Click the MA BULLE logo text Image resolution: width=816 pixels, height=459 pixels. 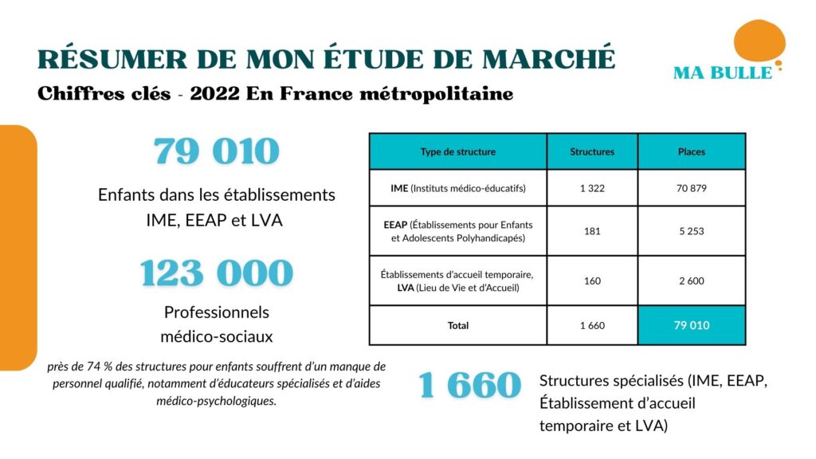[722, 73]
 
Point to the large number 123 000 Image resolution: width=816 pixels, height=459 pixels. [217, 273]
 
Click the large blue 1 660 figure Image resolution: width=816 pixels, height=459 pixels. [469, 386]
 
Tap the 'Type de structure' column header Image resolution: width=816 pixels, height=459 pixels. [457, 151]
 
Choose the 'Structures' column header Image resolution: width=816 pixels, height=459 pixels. [592, 151]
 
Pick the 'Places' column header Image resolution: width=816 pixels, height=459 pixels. [691, 151]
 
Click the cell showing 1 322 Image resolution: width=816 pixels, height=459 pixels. [592, 189]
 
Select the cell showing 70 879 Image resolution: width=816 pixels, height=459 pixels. [691, 189]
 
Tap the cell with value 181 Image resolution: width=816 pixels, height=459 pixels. [592, 231]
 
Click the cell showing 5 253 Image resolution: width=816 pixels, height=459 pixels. [691, 231]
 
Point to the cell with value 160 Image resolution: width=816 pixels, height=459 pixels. [592, 280]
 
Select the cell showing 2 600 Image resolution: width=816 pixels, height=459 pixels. [691, 280]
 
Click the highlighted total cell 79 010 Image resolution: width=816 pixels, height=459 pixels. [691, 325]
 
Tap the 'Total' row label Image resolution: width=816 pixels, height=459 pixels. [457, 325]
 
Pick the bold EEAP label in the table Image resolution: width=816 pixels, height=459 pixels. [395, 224]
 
